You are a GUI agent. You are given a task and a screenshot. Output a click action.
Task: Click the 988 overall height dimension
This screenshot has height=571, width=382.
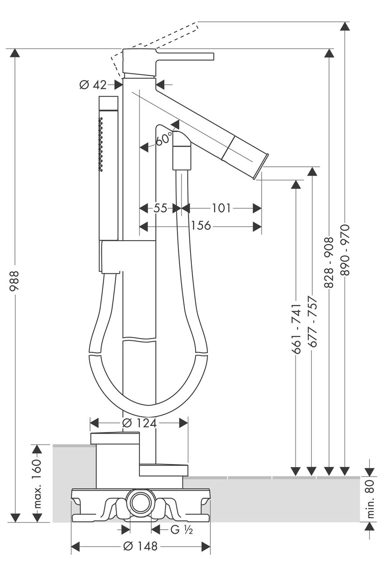pyautogui.click(x=14, y=281)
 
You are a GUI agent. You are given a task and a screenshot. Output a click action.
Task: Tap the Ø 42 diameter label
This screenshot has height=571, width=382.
pyautogui.click(x=93, y=85)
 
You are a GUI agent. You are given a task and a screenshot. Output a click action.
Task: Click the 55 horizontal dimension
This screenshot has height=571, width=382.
pyautogui.click(x=160, y=208)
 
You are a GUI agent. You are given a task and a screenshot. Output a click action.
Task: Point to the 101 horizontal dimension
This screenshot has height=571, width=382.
pyautogui.click(x=221, y=208)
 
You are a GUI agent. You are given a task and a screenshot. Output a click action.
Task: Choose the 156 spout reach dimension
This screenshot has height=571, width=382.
pyautogui.click(x=201, y=226)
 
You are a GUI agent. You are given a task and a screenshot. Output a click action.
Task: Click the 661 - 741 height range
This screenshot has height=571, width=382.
pyautogui.click(x=296, y=329)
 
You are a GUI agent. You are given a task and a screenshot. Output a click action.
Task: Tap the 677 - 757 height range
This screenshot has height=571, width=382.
pyautogui.click(x=312, y=322)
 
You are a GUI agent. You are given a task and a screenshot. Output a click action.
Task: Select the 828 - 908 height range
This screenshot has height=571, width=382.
pyautogui.click(x=329, y=262)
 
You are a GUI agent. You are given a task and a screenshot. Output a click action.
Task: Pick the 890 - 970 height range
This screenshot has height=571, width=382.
pyautogui.click(x=345, y=250)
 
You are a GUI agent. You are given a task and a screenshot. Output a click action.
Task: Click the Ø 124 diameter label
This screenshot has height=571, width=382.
pyautogui.click(x=139, y=423)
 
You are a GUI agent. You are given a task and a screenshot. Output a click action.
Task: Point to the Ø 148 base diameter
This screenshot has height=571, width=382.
pyautogui.click(x=140, y=546)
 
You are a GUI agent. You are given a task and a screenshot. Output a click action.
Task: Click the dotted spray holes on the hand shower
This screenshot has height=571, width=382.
pyautogui.click(x=101, y=144)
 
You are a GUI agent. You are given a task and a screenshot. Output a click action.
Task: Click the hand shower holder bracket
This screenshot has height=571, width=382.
pyautogui.click(x=129, y=256)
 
